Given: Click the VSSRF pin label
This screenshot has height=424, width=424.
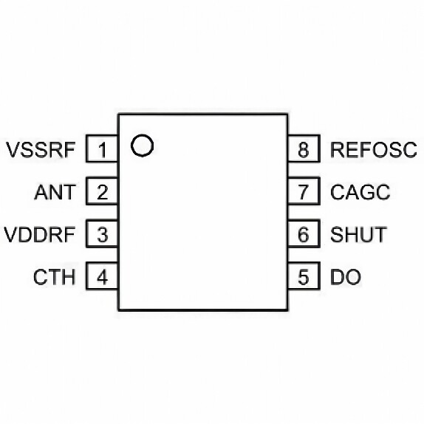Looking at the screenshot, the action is [41, 149].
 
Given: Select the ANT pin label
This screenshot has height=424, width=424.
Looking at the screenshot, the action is [55, 192].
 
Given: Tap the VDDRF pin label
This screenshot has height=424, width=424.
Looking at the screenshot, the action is [39, 234].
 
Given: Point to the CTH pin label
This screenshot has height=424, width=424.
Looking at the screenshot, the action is [54, 277].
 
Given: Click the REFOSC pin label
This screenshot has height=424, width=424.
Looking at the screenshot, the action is [374, 149].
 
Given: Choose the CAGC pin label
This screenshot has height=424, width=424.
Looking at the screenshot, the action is [360, 192].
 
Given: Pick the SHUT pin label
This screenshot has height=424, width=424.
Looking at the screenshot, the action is [358, 234].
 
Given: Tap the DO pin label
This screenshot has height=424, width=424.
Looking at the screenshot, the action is [346, 277].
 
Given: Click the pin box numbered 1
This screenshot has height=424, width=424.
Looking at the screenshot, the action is [102, 148].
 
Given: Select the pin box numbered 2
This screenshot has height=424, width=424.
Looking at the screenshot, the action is [102, 191].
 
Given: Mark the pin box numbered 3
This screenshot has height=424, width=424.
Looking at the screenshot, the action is [102, 233].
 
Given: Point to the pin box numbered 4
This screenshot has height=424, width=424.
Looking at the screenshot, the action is [102, 276].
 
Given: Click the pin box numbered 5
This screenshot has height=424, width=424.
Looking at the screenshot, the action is [304, 276].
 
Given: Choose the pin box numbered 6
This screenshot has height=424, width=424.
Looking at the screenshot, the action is [304, 233].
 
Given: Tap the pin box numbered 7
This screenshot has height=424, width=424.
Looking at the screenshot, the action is [304, 191].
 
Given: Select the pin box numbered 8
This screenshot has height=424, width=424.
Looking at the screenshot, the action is [304, 148].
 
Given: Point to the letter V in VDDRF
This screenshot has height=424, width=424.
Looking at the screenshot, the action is [11, 234].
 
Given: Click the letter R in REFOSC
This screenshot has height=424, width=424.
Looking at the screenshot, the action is [337, 149].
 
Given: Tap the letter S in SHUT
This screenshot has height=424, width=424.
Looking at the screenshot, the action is [337, 234].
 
